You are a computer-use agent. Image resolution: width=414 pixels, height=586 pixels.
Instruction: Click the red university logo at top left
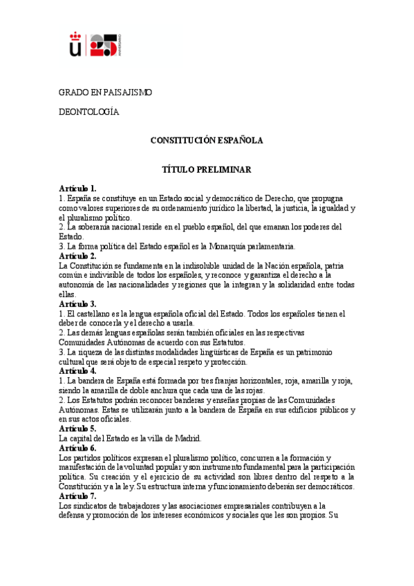(95, 44)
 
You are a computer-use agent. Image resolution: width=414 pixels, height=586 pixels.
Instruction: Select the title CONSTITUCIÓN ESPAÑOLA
(207, 140)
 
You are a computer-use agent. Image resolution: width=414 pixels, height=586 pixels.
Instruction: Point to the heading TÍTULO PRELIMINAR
(207, 169)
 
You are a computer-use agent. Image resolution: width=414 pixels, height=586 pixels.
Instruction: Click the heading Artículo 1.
(78, 188)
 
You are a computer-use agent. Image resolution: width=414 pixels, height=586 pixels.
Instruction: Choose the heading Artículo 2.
(78, 256)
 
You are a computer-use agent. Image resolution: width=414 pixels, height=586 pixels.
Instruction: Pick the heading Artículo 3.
(78, 303)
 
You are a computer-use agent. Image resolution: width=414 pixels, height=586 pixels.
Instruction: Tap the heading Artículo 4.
(78, 371)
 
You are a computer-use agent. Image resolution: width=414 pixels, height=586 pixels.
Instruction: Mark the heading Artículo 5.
(78, 429)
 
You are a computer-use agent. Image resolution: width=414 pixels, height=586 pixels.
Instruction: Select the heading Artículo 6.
(78, 448)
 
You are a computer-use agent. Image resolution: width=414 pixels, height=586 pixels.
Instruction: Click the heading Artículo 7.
(78, 496)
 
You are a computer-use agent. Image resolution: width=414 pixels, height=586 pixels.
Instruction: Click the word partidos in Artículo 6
(90, 458)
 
